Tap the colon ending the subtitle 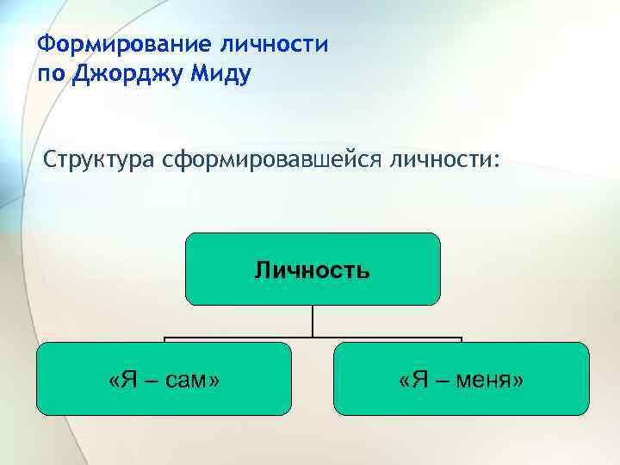(x=494, y=162)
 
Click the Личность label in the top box (x=313, y=270)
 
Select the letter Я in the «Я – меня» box (x=416, y=380)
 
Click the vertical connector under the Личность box (x=313, y=321)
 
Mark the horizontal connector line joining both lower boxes (x=241, y=338)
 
